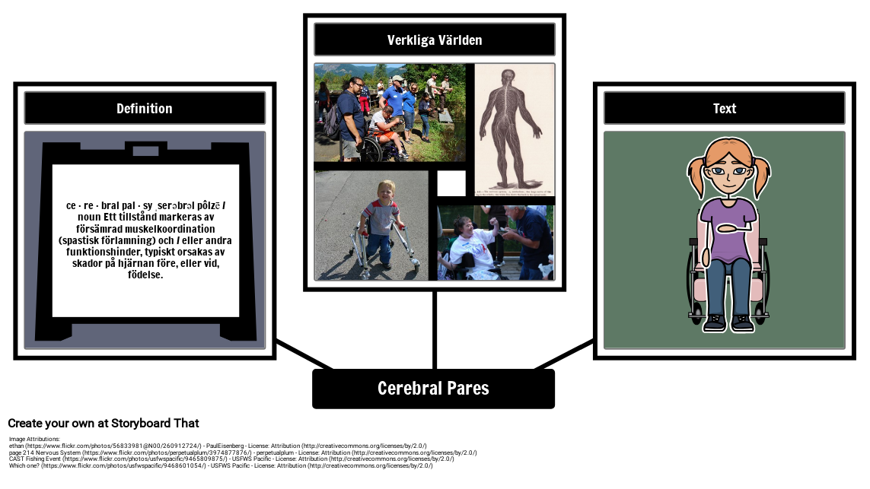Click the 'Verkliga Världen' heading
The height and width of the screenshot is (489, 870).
click(x=434, y=40)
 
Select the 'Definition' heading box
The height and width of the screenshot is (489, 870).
click(x=145, y=109)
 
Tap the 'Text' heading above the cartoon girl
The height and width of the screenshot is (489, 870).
click(x=724, y=109)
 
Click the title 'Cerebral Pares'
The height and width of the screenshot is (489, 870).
click(x=433, y=389)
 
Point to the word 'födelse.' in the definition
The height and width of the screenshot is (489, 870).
click(x=145, y=275)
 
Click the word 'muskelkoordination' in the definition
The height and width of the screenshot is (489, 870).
click(x=170, y=228)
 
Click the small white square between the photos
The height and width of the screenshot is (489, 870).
click(x=451, y=183)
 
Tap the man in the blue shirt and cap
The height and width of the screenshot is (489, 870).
click(x=396, y=99)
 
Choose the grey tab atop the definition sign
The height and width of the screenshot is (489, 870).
click(x=145, y=151)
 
